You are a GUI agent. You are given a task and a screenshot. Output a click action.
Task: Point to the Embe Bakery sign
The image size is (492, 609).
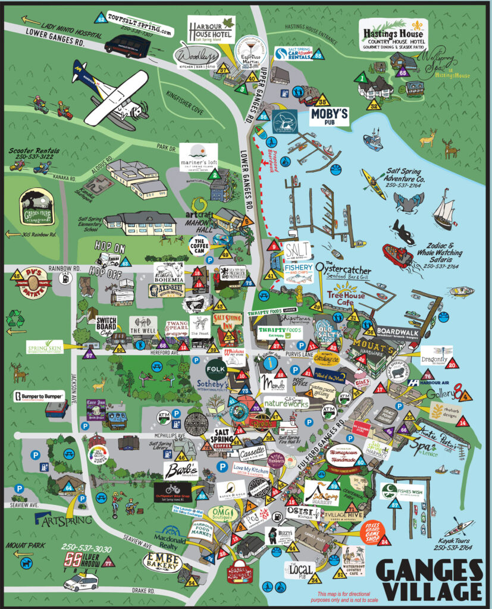(162, 561)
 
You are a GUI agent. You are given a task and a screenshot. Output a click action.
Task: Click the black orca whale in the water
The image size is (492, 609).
(403, 232)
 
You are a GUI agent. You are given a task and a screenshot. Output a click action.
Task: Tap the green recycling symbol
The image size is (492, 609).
(15, 320)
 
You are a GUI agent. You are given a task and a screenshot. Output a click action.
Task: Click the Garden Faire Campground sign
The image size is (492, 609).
(37, 208)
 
